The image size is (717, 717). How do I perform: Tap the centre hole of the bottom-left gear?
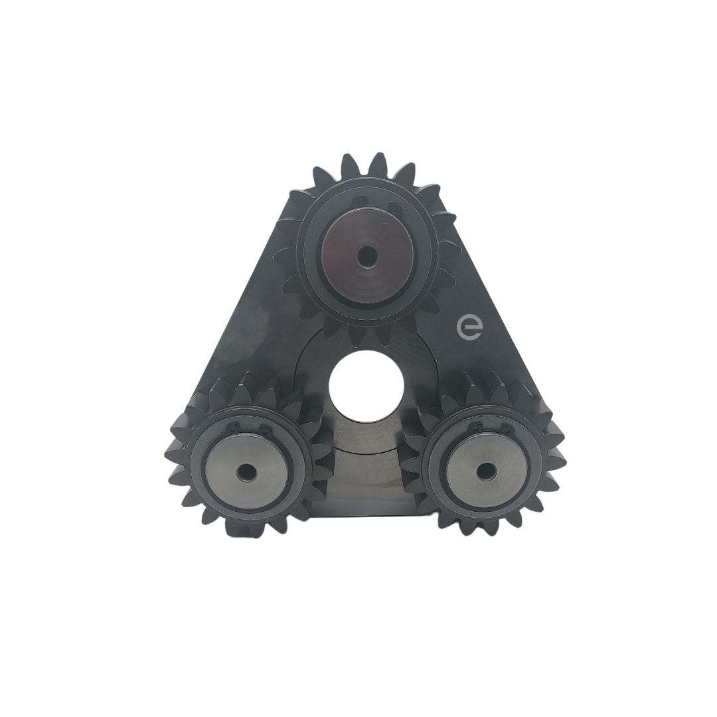coord(247,471)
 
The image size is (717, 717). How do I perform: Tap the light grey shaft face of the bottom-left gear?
coord(248,472)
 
